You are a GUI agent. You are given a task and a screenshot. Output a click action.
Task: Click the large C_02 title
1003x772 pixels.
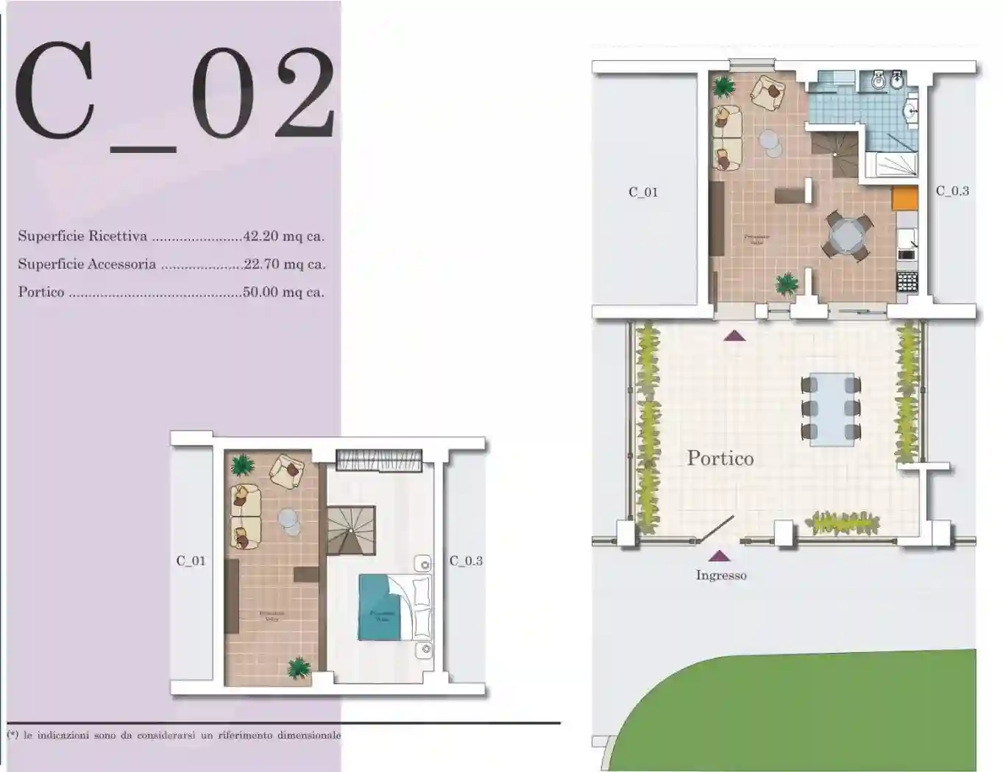point(175,92)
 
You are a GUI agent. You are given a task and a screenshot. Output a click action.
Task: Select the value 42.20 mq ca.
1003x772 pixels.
point(283,237)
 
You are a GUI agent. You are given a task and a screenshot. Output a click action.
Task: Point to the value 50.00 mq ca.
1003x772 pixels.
point(283,293)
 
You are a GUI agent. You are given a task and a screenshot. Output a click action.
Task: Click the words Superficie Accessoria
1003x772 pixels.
point(87,265)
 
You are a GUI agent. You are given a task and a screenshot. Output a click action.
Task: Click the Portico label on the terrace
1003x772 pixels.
point(720,458)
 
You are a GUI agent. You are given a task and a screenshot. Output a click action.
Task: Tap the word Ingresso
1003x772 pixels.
point(720,576)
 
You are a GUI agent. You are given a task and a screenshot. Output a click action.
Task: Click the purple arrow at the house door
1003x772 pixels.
point(734,336)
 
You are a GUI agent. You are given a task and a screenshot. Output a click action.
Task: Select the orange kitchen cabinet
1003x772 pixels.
point(904,198)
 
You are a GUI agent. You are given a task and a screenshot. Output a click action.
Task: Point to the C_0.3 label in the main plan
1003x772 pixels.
point(952,191)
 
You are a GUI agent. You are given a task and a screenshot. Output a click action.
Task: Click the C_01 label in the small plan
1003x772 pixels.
point(191,561)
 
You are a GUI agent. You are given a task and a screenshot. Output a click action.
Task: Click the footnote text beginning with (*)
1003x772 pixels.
point(174,735)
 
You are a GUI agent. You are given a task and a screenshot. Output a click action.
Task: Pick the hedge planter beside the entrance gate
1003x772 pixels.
point(843,523)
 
